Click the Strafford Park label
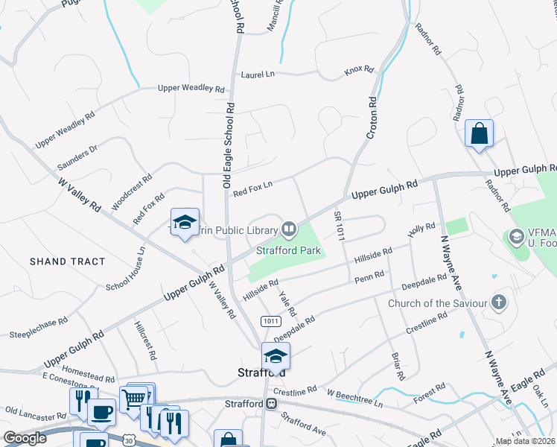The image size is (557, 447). pos(288,250)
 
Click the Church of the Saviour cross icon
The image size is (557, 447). pos(499,302)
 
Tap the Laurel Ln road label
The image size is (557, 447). pos(258,74)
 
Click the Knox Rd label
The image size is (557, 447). pos(358,70)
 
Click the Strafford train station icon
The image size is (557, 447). pos(272,403)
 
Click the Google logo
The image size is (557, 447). pos(25,438)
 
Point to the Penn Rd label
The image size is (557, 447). pos(369,277)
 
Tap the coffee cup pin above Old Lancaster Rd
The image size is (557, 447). pos(101,412)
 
